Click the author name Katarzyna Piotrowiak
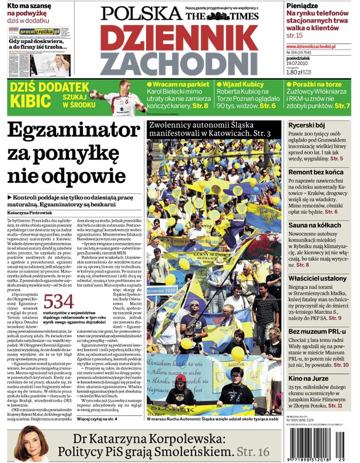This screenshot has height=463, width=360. point(30,212)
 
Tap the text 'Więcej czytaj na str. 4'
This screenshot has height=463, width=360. point(97,419)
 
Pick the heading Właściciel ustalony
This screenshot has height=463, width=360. point(317,278)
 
